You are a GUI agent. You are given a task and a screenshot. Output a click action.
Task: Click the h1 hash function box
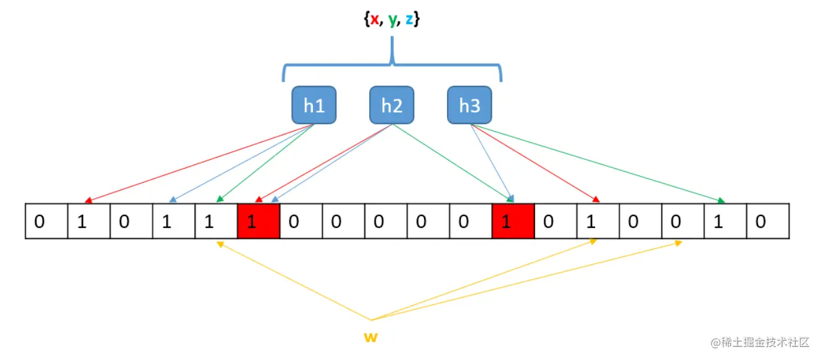coord(314,105)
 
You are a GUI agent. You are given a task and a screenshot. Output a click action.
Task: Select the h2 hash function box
coord(391,105)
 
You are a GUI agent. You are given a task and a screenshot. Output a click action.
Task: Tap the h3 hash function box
coord(469,105)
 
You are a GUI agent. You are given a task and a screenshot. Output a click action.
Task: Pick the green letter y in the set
coord(393,20)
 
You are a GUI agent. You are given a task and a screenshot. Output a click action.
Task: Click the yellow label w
coord(371,338)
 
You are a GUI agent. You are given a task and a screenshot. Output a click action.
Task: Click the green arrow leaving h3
coord(599,164)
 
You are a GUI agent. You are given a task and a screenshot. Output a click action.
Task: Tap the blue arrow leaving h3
coord(491,162)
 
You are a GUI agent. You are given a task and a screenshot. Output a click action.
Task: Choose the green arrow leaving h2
coord(451,162)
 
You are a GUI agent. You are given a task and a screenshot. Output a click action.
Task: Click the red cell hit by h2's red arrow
coord(258,221)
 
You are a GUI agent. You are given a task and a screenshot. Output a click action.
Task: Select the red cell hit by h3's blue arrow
coord(512,221)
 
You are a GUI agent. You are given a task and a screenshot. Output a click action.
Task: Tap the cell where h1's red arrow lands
coord(88,221)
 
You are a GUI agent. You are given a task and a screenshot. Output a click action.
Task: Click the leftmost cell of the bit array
coord(46,221)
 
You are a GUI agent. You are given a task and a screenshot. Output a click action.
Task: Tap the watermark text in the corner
coord(759,342)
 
